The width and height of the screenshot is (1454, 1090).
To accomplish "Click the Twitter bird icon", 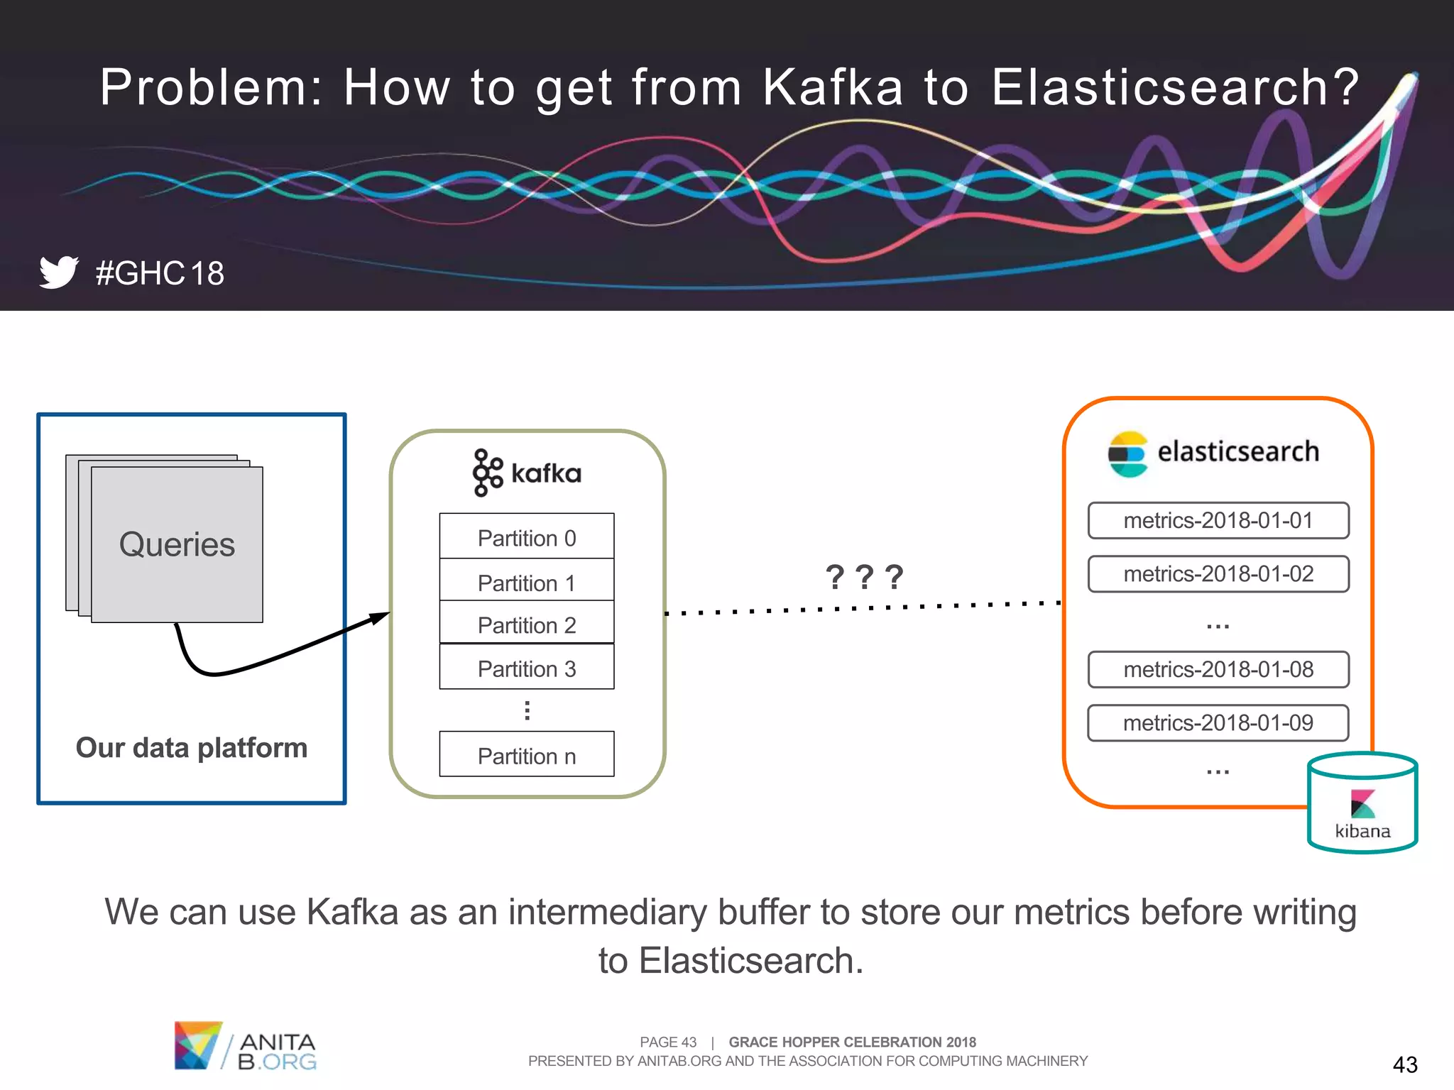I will coord(58,272).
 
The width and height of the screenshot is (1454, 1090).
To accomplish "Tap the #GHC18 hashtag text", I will coord(160,273).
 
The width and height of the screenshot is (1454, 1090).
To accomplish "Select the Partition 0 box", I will coord(526,537).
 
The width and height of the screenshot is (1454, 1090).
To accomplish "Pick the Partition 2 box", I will coord(526,624).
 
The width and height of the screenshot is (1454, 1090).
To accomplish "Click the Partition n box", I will coord(526,754).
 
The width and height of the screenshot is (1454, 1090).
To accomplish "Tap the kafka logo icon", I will coord(487,473).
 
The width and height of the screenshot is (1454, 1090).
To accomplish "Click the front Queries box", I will coord(177,544).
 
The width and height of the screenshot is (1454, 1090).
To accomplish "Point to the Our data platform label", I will coord(191,747).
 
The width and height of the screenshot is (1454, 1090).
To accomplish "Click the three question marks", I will coord(863,577).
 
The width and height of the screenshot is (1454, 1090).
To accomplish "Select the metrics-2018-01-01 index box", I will coord(1218,520).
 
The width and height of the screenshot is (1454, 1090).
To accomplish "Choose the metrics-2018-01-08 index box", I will coord(1218,669).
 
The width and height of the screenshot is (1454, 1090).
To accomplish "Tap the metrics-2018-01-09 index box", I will coord(1218,722).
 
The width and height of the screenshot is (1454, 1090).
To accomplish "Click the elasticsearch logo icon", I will coord(1127,454).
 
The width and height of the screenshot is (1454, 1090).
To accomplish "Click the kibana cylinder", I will coord(1362,803).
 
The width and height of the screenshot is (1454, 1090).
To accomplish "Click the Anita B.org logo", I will coord(245,1046).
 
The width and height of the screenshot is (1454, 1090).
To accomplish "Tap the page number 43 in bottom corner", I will coord(1404,1064).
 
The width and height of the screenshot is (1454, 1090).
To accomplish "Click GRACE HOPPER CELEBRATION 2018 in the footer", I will coord(852,1042).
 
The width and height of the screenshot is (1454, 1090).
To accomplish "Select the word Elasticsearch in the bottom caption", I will coord(750,960).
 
